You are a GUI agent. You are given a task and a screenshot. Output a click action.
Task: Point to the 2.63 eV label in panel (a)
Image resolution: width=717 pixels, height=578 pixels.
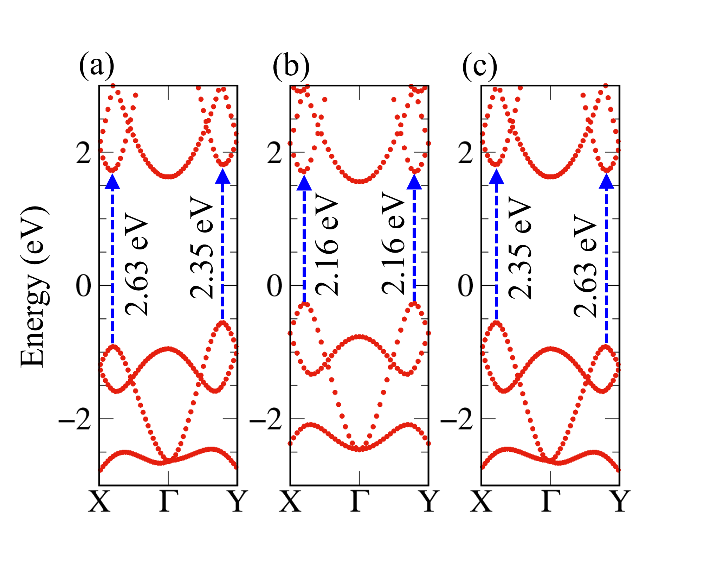[x=136, y=264]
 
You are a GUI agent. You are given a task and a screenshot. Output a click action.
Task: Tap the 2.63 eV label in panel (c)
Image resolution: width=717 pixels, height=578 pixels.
[x=585, y=266]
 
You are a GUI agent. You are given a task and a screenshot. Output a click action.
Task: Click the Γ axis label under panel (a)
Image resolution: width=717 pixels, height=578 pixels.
[x=169, y=501]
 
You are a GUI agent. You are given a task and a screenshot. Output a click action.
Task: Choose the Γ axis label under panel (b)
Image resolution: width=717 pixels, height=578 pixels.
[x=360, y=501]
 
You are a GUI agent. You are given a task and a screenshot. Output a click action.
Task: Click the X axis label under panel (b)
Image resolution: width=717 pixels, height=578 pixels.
[x=290, y=501]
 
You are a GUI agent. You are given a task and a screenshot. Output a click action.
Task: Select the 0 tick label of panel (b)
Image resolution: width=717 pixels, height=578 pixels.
[x=274, y=286]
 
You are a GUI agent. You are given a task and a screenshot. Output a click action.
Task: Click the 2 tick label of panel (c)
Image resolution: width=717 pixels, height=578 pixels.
[x=465, y=153]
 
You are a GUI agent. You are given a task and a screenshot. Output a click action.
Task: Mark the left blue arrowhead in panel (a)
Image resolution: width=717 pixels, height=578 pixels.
[x=112, y=182]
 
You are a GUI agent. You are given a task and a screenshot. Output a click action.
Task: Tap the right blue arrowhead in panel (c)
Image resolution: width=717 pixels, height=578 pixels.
[x=606, y=182]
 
